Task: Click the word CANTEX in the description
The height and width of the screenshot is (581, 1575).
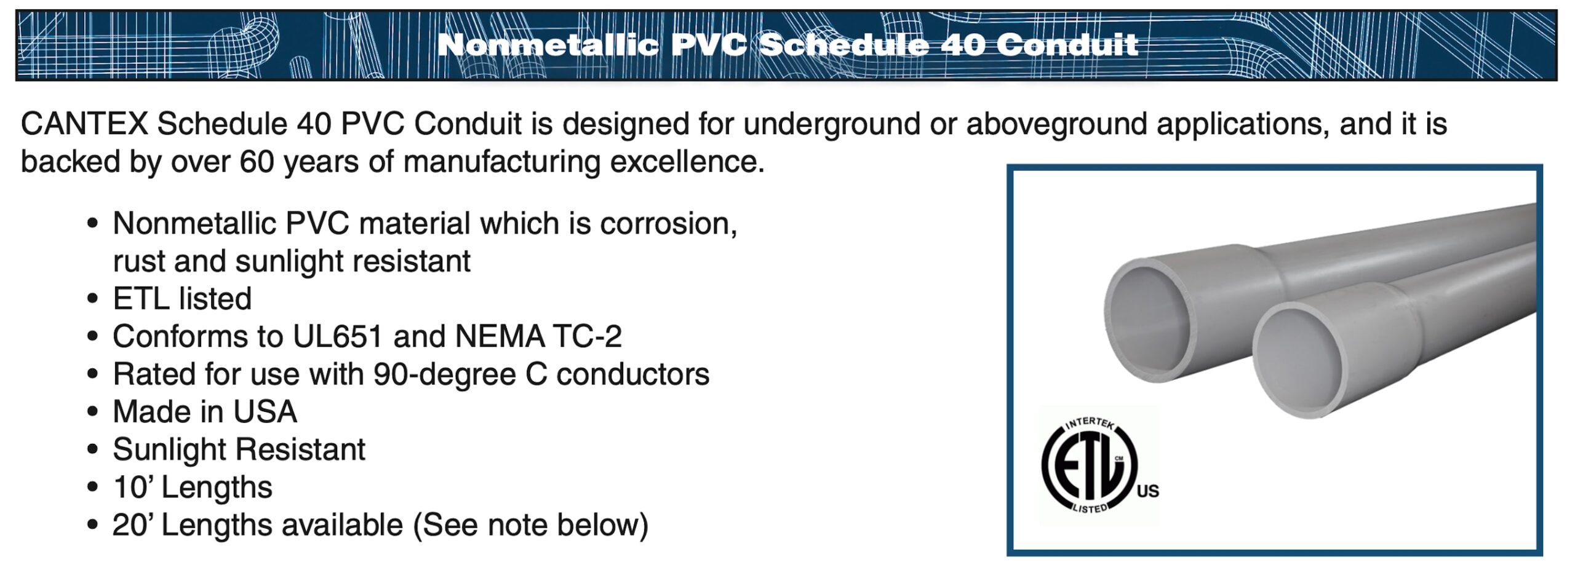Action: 84,124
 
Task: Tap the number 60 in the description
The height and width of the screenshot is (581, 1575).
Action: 256,162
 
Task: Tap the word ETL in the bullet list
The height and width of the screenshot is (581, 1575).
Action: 141,299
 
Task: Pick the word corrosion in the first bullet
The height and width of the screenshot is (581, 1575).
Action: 668,224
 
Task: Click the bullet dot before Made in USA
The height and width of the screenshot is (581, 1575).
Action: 92,412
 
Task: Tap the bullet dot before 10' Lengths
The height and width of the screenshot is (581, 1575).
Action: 92,488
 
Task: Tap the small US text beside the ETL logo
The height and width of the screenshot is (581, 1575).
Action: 1147,491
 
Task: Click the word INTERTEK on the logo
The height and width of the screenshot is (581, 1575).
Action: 1090,423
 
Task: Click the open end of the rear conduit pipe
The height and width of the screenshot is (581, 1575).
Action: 1150,320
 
